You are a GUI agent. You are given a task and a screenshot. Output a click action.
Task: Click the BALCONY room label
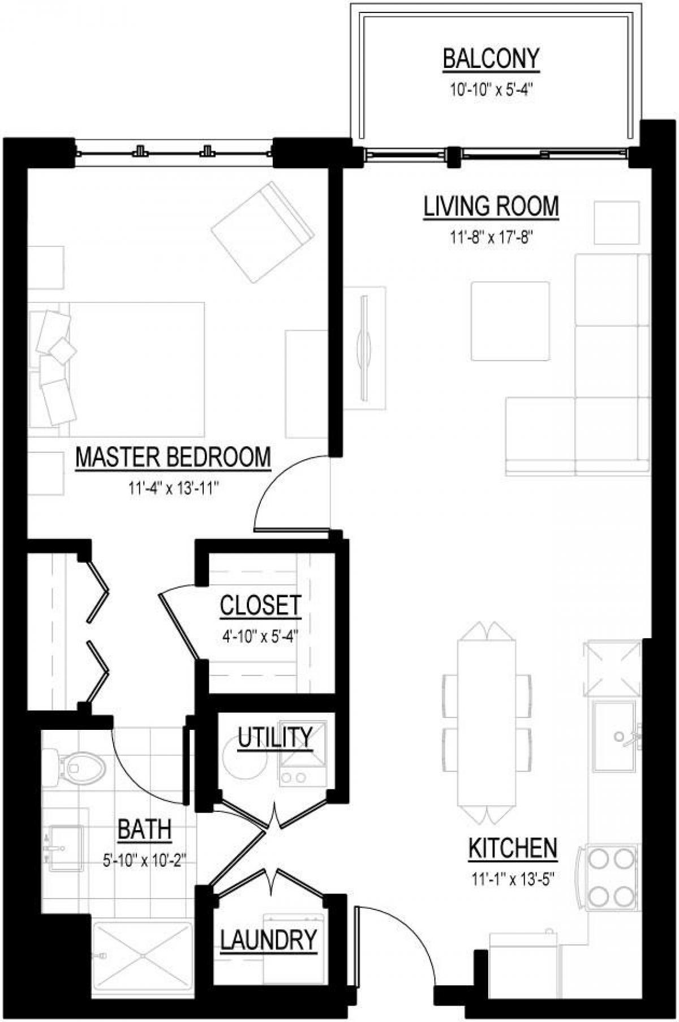[x=491, y=59]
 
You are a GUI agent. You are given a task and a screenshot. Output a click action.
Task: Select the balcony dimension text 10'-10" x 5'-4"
[x=491, y=90]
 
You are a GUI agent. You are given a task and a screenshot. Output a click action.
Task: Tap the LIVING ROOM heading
[x=491, y=207]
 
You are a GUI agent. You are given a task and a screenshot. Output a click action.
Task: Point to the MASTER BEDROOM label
[x=173, y=457]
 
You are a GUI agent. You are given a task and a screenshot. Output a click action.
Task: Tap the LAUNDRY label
[x=268, y=940]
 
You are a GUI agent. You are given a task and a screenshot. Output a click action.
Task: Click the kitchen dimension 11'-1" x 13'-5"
[x=512, y=879]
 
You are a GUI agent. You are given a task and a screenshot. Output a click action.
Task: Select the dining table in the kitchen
[x=487, y=723]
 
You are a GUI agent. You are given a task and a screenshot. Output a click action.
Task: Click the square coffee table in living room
[x=510, y=321]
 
